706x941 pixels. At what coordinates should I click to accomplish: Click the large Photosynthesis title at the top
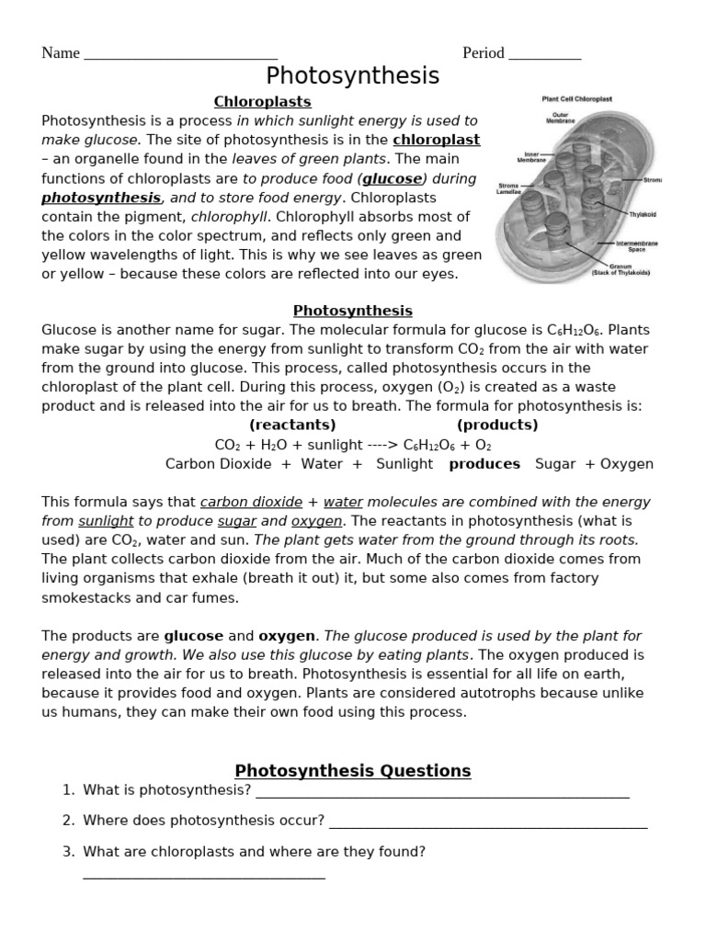coord(353,75)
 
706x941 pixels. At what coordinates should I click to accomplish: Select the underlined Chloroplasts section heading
coord(262,101)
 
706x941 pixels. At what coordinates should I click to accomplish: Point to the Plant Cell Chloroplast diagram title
coord(577,98)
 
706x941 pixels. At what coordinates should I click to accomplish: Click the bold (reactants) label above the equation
coord(292,425)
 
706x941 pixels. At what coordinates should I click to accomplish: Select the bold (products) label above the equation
coord(497,425)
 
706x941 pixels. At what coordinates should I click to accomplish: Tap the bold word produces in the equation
coord(484,464)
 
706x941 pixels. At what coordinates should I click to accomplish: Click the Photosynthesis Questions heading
coord(353,771)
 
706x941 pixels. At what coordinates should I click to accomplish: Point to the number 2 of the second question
coord(68,821)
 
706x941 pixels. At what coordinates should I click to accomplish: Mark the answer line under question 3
coord(204,877)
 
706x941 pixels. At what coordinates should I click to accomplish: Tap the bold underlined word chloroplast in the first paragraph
coord(436,140)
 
